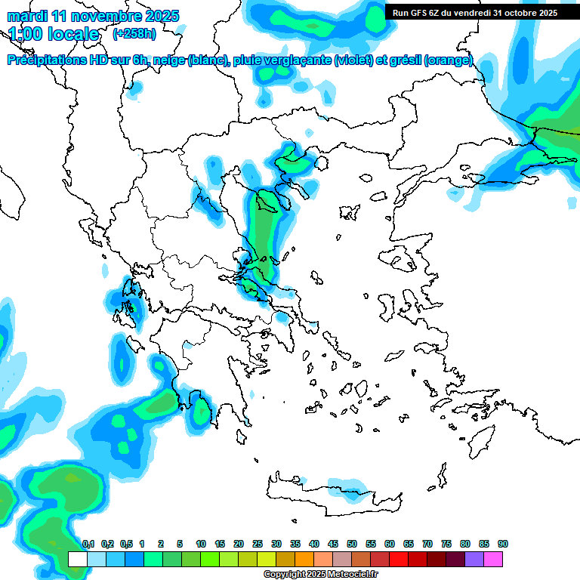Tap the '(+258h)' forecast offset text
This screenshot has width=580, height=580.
pyautogui.click(x=134, y=34)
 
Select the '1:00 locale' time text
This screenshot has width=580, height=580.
pyautogui.click(x=54, y=34)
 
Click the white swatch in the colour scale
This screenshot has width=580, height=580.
pyautogui.click(x=77, y=560)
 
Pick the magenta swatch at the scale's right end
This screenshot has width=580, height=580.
pyautogui.click(x=494, y=560)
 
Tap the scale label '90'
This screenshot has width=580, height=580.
pyautogui.click(x=503, y=544)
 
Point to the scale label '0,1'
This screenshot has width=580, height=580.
pyautogui.click(x=88, y=544)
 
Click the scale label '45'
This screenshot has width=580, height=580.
pyautogui.click(x=333, y=544)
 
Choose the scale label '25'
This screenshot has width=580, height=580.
pyautogui.click(x=258, y=544)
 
